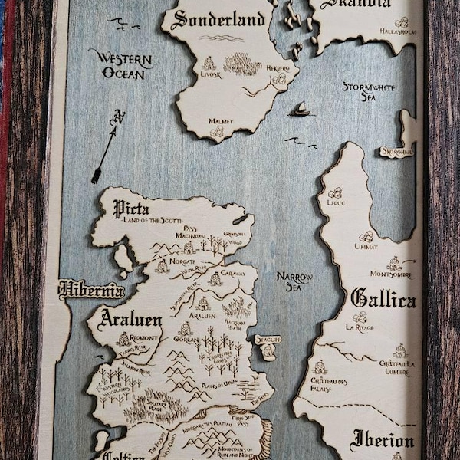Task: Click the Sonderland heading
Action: coord(222,18)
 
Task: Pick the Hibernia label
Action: coord(91,291)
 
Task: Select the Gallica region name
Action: coord(383,299)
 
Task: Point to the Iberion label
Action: coord(382,441)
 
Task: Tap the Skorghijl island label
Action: coord(396,152)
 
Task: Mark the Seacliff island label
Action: coord(268,339)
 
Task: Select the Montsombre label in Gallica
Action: coord(390,274)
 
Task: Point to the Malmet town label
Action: coord(221,121)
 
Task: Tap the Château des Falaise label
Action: coord(330,383)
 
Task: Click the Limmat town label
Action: coord(366,247)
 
